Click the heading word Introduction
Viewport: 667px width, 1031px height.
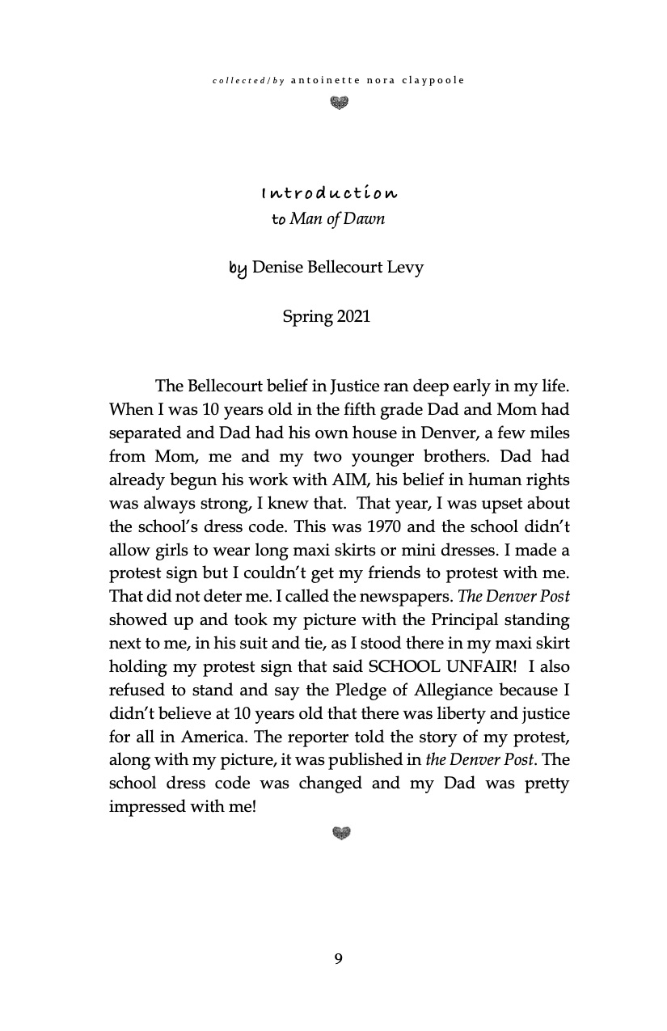pos(329,194)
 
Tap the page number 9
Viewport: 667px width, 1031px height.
pos(338,959)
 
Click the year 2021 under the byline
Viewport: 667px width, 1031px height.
pos(353,316)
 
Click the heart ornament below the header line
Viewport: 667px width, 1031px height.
pos(340,103)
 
